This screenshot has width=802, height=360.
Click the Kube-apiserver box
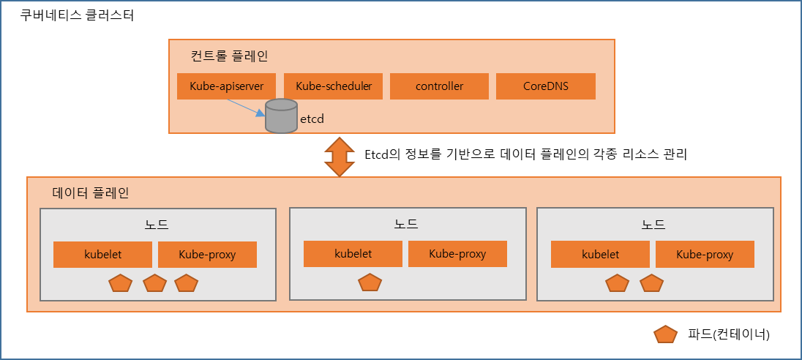click(227, 86)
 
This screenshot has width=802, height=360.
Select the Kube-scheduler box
click(334, 86)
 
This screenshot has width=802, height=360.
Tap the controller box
click(439, 86)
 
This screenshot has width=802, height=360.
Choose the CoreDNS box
click(546, 86)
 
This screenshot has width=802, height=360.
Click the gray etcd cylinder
click(280, 116)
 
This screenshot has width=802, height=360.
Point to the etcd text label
click(312, 118)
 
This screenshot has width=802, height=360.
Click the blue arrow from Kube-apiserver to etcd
click(244, 107)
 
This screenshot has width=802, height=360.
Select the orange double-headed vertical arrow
click(340, 156)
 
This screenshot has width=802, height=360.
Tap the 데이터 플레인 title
click(91, 193)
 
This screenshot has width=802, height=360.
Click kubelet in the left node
click(102, 255)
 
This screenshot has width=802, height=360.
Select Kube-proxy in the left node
click(208, 255)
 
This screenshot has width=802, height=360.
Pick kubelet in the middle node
click(353, 254)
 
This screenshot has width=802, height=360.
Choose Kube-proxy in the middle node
click(457, 254)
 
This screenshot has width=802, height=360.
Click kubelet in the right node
click(600, 255)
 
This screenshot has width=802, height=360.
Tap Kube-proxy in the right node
click(705, 255)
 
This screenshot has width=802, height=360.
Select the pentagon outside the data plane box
click(665, 334)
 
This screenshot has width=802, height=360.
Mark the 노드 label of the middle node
click(408, 223)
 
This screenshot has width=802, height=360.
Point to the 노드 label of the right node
click(655, 224)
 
